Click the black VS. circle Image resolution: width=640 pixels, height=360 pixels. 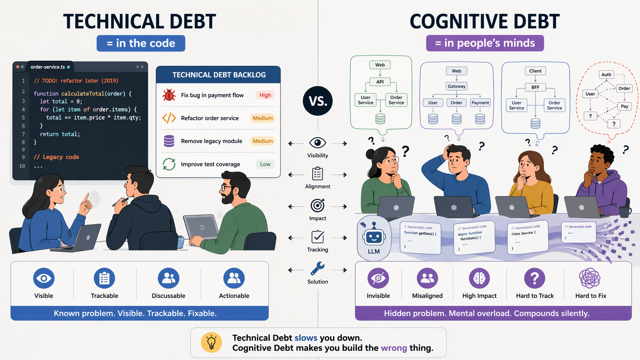tap(318, 101)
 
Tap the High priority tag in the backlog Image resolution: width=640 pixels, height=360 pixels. tap(265, 95)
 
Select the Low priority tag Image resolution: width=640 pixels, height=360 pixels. tap(265, 164)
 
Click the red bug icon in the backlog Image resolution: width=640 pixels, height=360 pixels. tap(169, 95)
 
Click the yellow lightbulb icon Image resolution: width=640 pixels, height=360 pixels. tap(211, 342)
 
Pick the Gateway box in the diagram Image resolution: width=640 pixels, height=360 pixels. tap(457, 86)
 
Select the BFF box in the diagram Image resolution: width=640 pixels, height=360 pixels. tap(535, 87)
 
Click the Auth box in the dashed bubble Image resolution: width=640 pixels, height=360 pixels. tap(606, 75)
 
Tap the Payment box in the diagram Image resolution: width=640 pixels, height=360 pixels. tap(480, 103)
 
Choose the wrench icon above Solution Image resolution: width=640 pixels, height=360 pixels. tap(317, 269)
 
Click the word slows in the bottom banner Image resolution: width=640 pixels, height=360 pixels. tap(306, 338)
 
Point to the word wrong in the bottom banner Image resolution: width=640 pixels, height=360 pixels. tap(394, 348)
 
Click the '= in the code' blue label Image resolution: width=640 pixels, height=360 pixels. tap(141, 43)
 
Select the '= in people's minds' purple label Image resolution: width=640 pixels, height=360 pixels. tap(485, 43)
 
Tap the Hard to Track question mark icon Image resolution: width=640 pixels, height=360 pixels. tap(534, 278)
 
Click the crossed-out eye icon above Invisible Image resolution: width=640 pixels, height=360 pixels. tap(378, 278)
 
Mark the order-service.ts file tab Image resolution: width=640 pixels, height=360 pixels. tap(48, 67)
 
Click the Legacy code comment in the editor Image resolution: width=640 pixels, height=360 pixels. tap(57, 157)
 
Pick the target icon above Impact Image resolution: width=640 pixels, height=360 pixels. tap(317, 205)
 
